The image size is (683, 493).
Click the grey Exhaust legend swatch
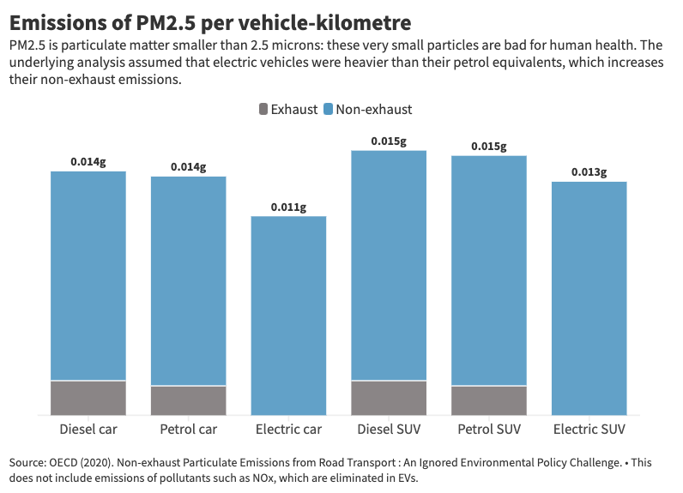(263, 109)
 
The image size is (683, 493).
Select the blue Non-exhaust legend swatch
(328, 109)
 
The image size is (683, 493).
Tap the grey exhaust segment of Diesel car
(88, 398)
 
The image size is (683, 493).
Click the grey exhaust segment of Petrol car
(189, 400)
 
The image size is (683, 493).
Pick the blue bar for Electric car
(288, 316)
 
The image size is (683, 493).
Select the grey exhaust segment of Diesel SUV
(389, 398)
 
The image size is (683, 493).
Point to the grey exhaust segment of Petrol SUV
(489, 400)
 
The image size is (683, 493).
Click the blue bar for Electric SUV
(589, 298)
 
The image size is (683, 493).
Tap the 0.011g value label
(288, 207)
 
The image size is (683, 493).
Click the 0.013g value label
(589, 172)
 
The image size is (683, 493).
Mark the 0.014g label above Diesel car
(88, 162)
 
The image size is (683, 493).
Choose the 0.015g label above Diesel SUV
(389, 141)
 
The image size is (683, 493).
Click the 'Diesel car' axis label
(88, 429)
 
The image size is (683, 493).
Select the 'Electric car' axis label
(288, 429)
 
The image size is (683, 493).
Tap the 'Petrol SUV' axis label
(489, 429)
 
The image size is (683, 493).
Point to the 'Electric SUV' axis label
(589, 429)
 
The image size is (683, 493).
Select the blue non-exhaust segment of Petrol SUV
(489, 270)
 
